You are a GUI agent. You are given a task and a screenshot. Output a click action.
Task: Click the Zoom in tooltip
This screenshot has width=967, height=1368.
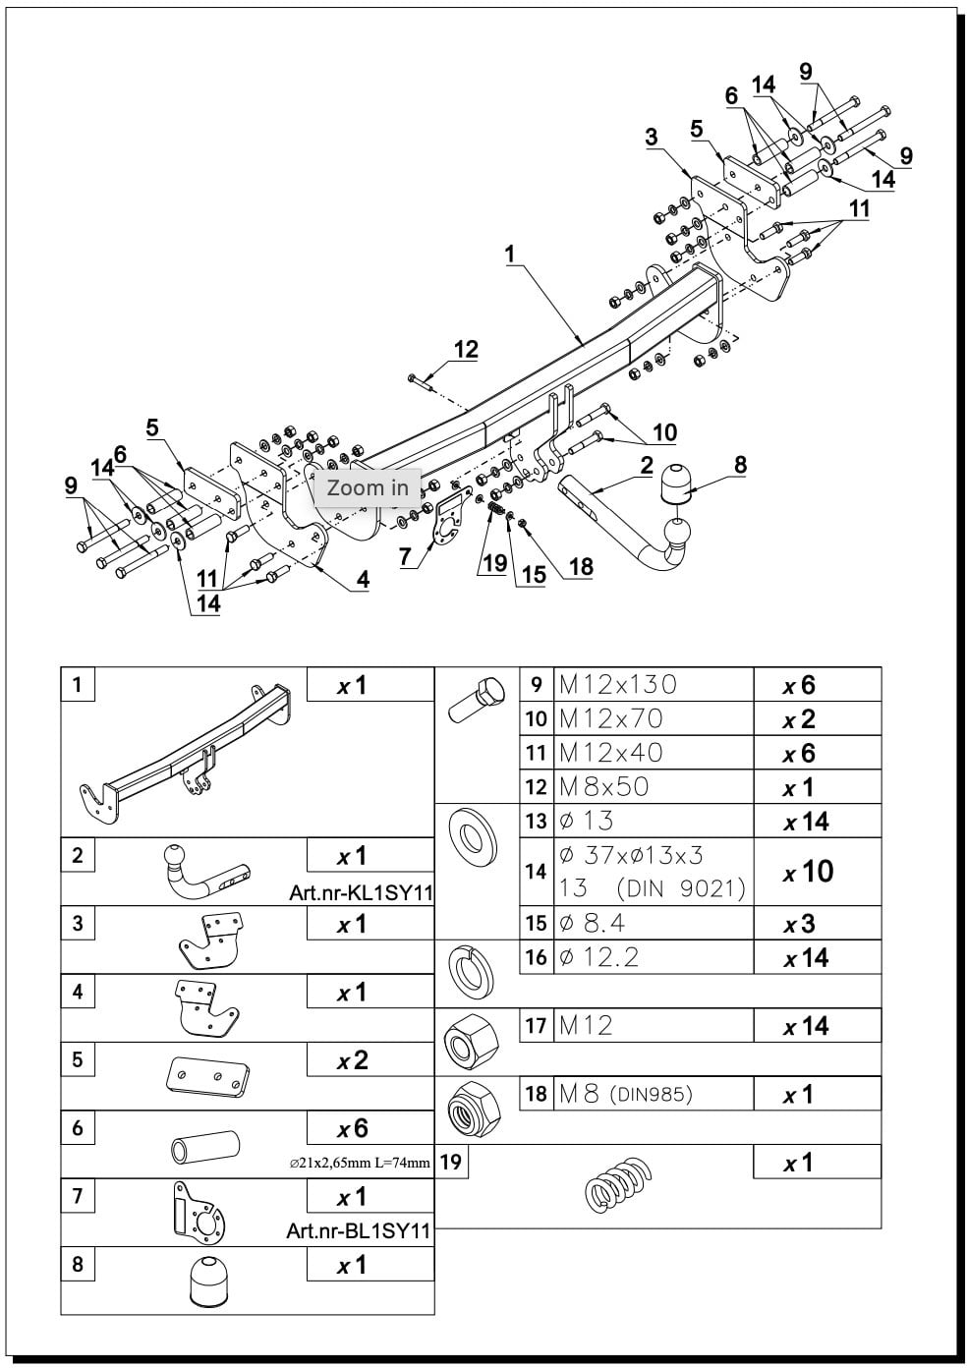[x=368, y=487]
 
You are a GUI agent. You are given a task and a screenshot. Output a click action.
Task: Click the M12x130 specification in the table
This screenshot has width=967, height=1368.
[x=617, y=685]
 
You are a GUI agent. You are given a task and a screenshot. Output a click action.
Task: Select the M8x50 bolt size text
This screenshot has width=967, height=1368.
[x=604, y=786]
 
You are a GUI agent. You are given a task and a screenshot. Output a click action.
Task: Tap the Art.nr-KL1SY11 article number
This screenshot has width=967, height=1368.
[x=361, y=893]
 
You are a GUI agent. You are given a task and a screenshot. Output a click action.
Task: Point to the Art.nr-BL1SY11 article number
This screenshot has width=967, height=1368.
[x=360, y=1230]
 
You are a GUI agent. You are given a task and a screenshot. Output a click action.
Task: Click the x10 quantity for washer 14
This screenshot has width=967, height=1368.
[x=808, y=872]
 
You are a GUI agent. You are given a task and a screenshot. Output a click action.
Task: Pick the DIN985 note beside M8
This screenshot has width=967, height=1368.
[x=652, y=1094]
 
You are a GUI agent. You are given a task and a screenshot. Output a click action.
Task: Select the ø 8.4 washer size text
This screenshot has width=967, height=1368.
[x=592, y=923]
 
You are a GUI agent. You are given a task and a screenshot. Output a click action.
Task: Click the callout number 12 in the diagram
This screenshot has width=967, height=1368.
[x=466, y=350]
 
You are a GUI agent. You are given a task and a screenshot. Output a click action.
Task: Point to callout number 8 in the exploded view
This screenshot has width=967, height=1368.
[x=740, y=465]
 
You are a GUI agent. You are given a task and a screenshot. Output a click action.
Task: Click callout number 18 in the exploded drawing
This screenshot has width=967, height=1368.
[x=581, y=567]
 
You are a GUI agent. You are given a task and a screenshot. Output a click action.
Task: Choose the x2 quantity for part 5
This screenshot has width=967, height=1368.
[x=353, y=1061]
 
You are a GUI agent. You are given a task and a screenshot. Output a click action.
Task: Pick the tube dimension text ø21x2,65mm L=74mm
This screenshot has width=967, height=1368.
[x=360, y=1163]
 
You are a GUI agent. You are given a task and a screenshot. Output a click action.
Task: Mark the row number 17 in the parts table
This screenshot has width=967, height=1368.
[x=536, y=1025]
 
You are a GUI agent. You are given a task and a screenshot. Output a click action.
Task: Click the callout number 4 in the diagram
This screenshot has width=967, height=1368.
[x=363, y=579]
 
